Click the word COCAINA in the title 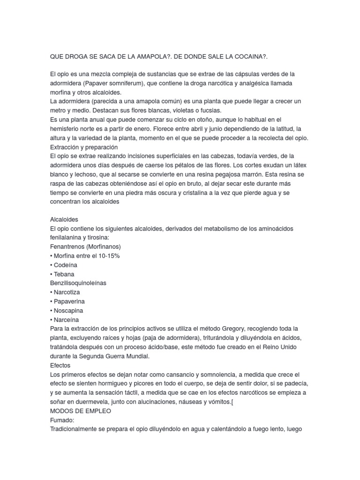pos(248,56)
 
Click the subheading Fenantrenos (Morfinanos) pos(85,247)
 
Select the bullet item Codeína pos(67,265)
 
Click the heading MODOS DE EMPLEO pos(80,410)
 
